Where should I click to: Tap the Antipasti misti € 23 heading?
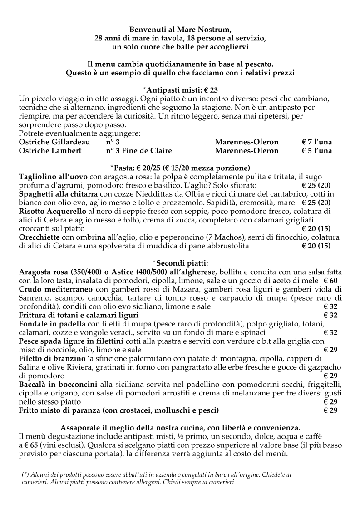(180, 90)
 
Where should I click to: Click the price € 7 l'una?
(316, 142)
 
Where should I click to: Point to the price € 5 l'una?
(316, 151)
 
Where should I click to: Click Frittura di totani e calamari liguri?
(79, 315)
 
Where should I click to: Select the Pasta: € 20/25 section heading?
(180, 168)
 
